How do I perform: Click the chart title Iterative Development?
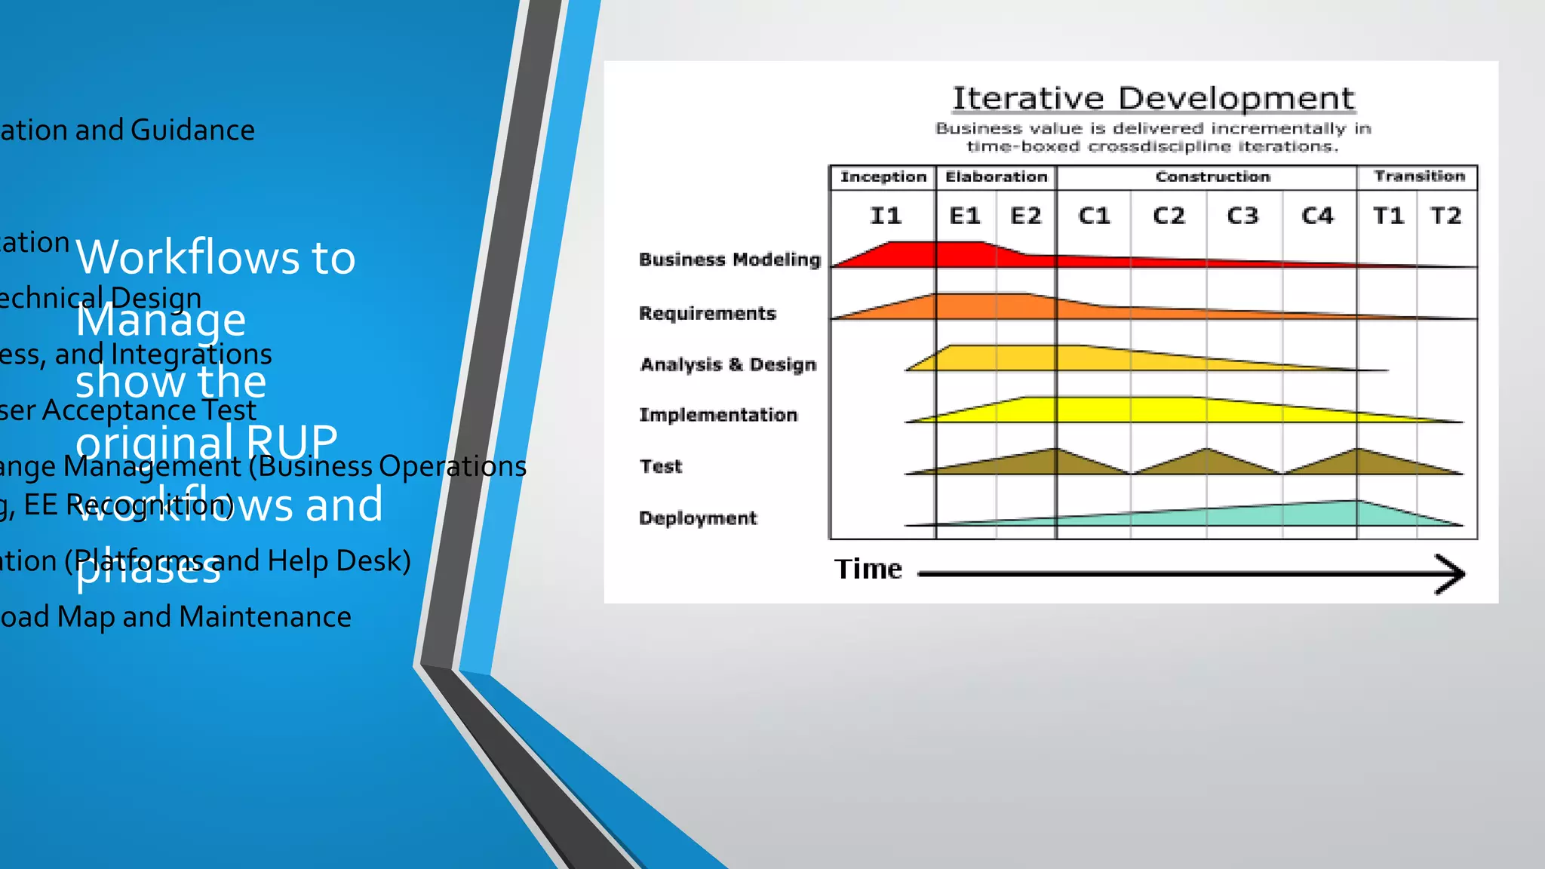(1153, 99)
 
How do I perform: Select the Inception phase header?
(883, 177)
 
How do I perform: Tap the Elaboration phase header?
(996, 177)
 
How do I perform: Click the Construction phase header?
(1212, 177)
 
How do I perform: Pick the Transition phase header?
(1419, 176)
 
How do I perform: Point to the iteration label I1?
(886, 216)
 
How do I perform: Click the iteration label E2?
(1025, 216)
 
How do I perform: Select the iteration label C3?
(1242, 216)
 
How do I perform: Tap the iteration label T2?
(1445, 216)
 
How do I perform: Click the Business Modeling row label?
(729, 259)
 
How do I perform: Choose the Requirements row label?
(707, 313)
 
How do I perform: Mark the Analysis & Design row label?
(728, 364)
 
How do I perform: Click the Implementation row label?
(717, 415)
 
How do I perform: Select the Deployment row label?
(697, 518)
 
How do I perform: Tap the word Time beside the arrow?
(868, 569)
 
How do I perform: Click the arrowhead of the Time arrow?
(1452, 574)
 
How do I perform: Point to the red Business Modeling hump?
(935, 254)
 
